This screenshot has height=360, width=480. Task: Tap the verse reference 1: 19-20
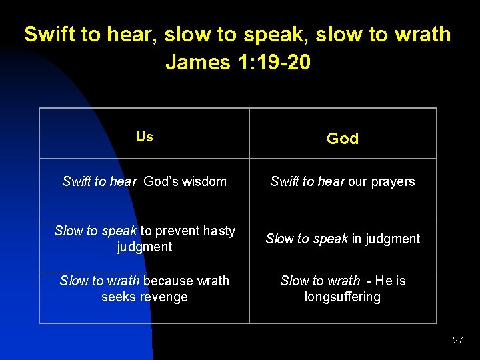tap(273, 62)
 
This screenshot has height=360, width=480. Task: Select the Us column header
tap(144, 137)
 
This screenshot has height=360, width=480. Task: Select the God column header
tap(343, 139)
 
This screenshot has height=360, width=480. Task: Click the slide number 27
tap(457, 340)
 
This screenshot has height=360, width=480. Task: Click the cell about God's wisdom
tap(144, 181)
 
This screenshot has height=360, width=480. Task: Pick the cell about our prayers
tap(343, 181)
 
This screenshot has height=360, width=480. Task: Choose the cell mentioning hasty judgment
tap(144, 239)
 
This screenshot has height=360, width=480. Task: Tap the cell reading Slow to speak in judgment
tap(343, 239)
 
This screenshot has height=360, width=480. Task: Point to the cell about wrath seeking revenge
tap(144, 289)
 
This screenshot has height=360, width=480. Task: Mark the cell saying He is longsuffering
tap(343, 289)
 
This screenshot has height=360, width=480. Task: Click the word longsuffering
tap(343, 297)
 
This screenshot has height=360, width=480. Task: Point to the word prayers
tap(392, 181)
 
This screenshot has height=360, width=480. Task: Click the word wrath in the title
tap(419, 35)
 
